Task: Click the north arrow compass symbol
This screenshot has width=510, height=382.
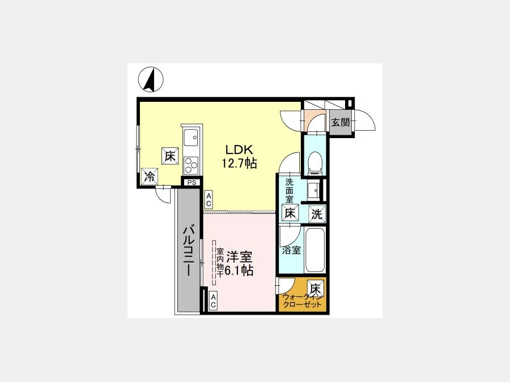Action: point(151,79)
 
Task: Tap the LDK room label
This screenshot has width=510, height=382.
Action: point(239,150)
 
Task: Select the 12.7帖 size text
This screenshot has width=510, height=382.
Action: point(239,163)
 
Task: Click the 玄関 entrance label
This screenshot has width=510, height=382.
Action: point(341,122)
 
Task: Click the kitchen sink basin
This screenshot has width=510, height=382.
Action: point(191,138)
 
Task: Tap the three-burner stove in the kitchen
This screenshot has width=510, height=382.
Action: point(191,165)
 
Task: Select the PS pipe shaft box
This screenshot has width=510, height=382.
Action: point(192,183)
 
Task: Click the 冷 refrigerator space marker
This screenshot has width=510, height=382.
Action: point(150,177)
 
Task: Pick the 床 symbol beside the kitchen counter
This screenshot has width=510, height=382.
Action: point(170,156)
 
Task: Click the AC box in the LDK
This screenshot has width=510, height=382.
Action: point(209,199)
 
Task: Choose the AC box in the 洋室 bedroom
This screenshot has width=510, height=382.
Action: point(213,301)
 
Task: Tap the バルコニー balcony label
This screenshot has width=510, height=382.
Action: point(189,251)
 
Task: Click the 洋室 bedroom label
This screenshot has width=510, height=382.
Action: point(239,257)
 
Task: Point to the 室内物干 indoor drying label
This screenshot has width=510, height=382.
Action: point(220,262)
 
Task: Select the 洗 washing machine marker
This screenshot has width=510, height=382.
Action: point(317,214)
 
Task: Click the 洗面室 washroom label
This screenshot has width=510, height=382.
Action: point(289,191)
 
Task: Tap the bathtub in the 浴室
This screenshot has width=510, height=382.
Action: point(314,250)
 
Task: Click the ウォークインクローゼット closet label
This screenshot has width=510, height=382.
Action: point(303,301)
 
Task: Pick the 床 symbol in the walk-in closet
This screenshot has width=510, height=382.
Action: point(315,288)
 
